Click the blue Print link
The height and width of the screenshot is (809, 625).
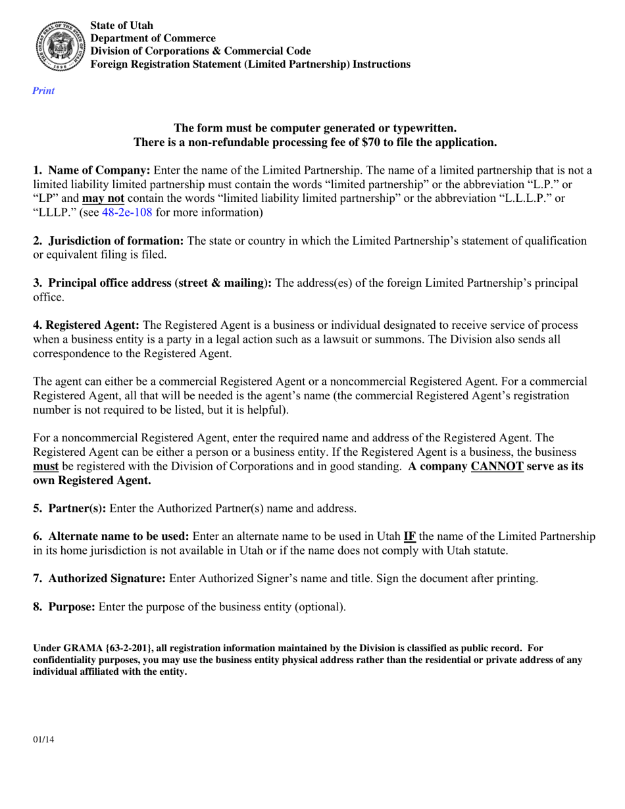coord(43,91)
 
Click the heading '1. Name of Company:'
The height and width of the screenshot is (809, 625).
coord(91,170)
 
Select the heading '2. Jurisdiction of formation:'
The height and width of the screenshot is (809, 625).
coord(109,241)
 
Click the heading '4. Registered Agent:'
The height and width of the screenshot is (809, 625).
coord(86,326)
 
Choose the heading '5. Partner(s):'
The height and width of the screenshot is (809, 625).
coord(70,508)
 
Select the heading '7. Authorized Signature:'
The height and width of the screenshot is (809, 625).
coord(99,579)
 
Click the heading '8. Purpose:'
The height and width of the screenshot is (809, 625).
coord(64,607)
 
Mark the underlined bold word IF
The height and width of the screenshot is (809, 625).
coord(409,536)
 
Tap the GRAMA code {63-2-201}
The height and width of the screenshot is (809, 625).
coord(124,649)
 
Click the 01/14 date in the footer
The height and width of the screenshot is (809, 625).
coord(43,740)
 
